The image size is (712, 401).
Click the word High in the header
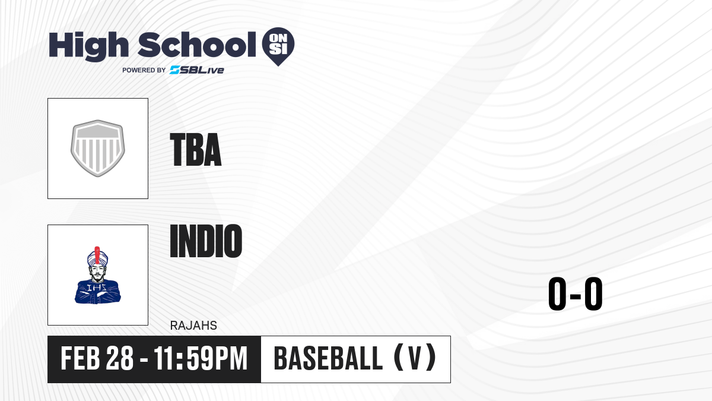click(88, 46)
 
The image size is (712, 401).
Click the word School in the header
click(197, 44)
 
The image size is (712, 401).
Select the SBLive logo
click(197, 70)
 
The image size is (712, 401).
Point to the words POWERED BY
click(144, 70)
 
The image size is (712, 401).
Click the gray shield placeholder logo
click(97, 149)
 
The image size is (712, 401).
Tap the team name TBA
click(196, 150)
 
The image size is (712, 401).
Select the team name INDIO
click(206, 241)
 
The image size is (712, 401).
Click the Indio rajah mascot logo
click(97, 275)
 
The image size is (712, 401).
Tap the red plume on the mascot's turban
click(97, 255)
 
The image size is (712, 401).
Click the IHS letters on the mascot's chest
click(97, 288)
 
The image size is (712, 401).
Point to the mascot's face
click(97, 273)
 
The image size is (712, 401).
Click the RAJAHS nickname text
click(193, 326)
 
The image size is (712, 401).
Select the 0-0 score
click(576, 293)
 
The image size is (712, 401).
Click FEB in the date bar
click(80, 358)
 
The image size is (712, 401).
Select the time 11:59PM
click(201, 358)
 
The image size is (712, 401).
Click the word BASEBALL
click(328, 358)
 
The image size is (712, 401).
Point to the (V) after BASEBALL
click(415, 358)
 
